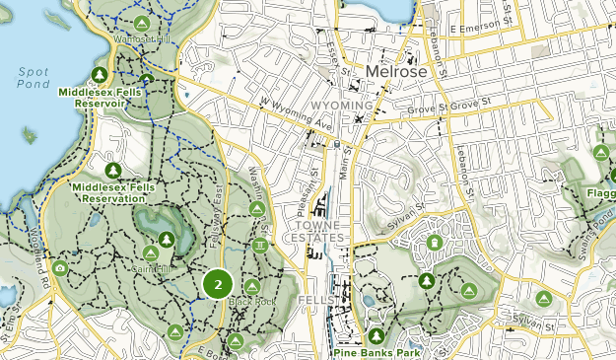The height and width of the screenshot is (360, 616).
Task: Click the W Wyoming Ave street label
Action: click(x=298, y=116)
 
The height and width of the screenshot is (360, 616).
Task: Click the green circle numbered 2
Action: click(x=217, y=284)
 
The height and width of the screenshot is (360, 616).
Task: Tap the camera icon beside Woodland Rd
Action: click(x=60, y=268)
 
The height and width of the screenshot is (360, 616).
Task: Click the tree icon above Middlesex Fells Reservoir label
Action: click(x=99, y=75)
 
